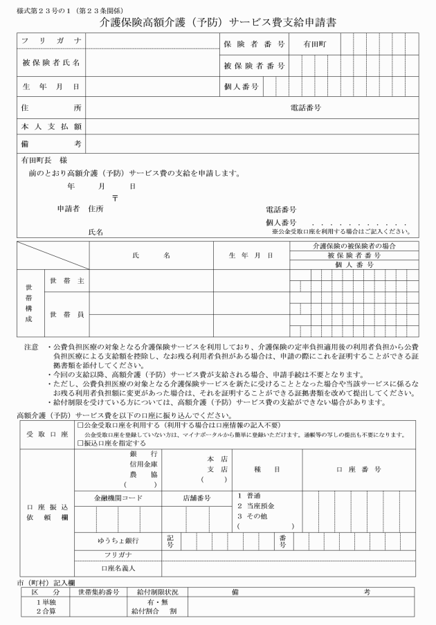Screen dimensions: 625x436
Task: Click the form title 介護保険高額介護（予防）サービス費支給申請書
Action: (218, 21)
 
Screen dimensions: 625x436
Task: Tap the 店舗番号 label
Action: (197, 498)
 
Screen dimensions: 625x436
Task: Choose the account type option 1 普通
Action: (250, 496)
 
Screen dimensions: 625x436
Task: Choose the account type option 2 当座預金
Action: (257, 506)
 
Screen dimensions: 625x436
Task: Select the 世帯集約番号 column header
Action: (99, 592)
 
